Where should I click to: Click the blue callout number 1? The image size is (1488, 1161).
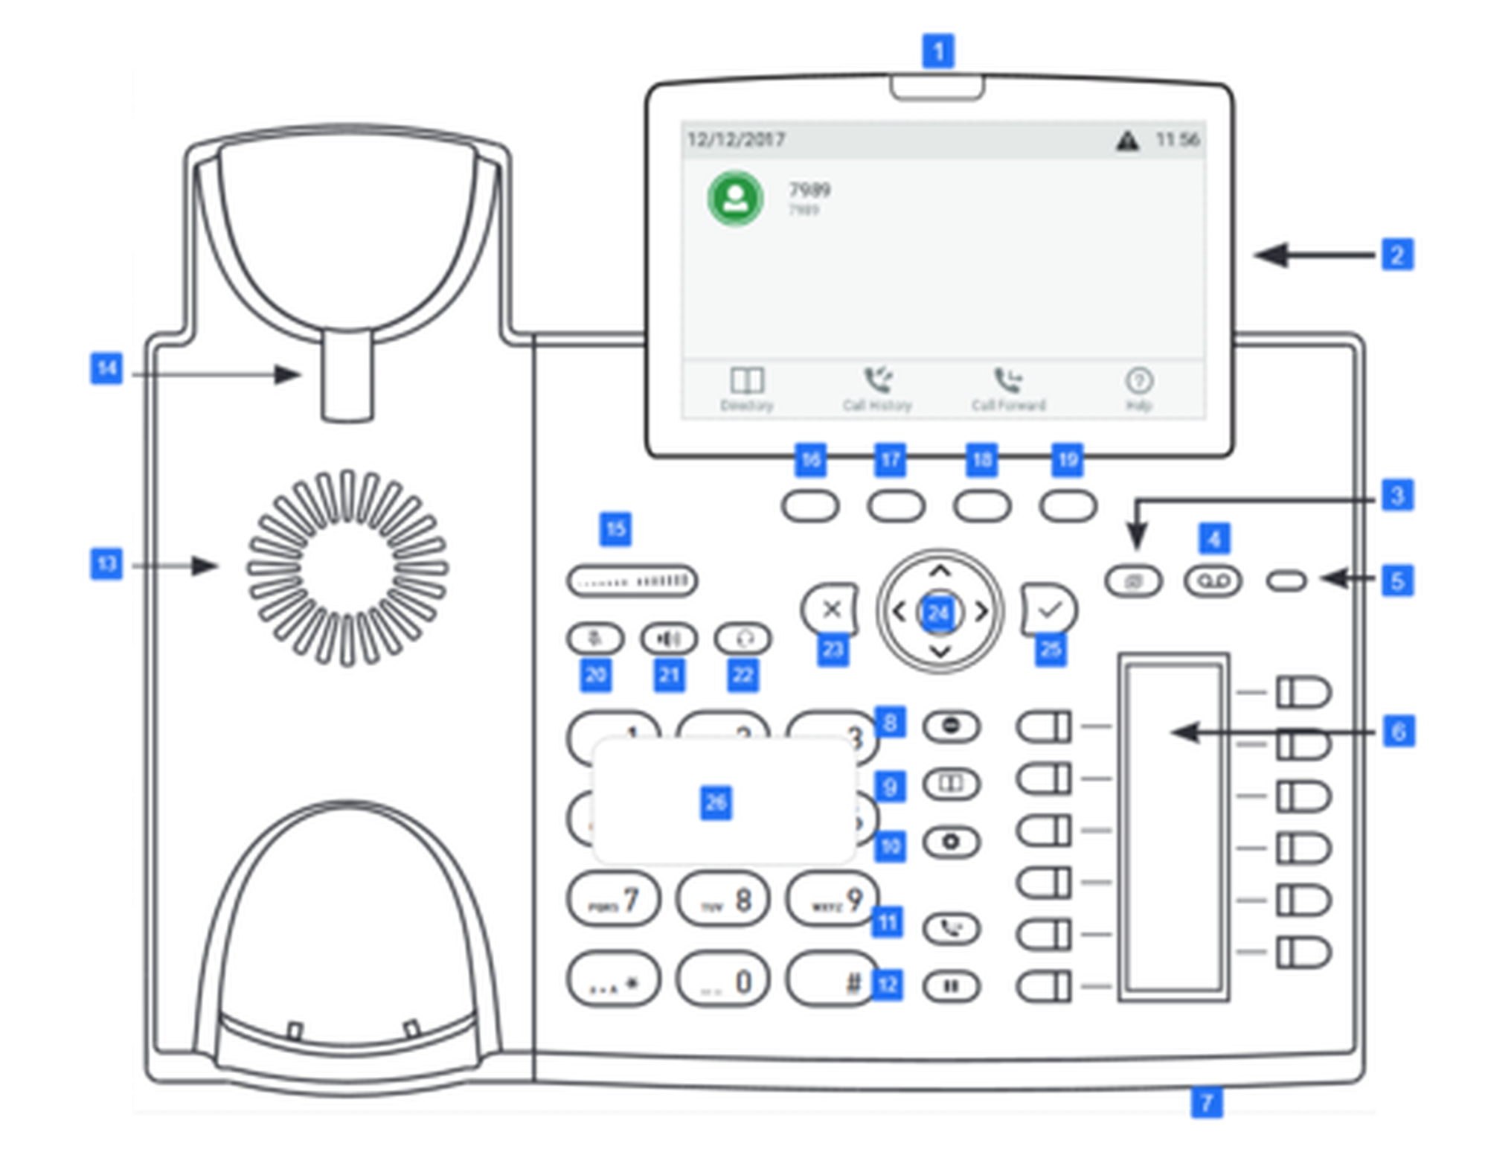937,51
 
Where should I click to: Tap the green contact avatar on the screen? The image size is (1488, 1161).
735,198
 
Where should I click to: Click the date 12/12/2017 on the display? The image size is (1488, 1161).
735,140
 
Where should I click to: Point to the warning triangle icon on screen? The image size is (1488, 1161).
1127,140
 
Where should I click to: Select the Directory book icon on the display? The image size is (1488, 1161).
747,380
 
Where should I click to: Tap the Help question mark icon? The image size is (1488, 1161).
1138,380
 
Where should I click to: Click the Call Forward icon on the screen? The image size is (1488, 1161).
1008,380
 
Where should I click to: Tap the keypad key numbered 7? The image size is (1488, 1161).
614,901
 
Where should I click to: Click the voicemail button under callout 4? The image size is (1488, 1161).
1213,580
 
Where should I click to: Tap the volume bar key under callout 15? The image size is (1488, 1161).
632,580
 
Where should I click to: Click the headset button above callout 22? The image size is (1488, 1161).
743,639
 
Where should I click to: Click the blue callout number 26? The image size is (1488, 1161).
716,802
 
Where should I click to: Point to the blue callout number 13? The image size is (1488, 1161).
106,563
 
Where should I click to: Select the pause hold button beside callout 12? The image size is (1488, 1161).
951,987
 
